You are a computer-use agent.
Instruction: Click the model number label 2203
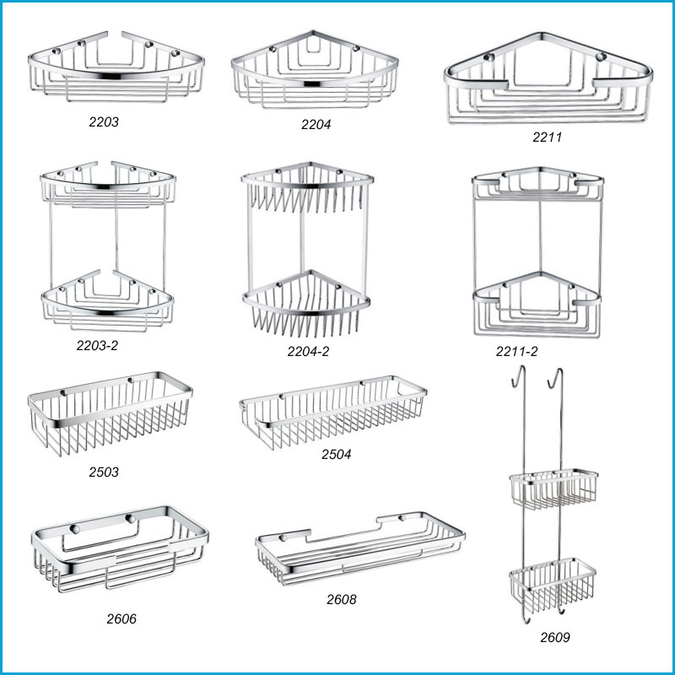[104, 121]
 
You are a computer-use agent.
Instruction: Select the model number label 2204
[316, 124]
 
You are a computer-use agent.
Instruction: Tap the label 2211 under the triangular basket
[547, 136]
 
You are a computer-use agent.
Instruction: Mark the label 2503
[104, 472]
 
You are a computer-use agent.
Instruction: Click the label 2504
[336, 454]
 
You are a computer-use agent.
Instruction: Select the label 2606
[121, 618]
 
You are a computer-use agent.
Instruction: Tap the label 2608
[341, 600]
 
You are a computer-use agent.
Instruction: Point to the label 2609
[555, 637]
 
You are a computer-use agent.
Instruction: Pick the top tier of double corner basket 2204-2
[307, 190]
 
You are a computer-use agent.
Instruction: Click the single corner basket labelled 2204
[314, 72]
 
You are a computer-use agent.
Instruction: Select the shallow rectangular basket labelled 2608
[359, 549]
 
